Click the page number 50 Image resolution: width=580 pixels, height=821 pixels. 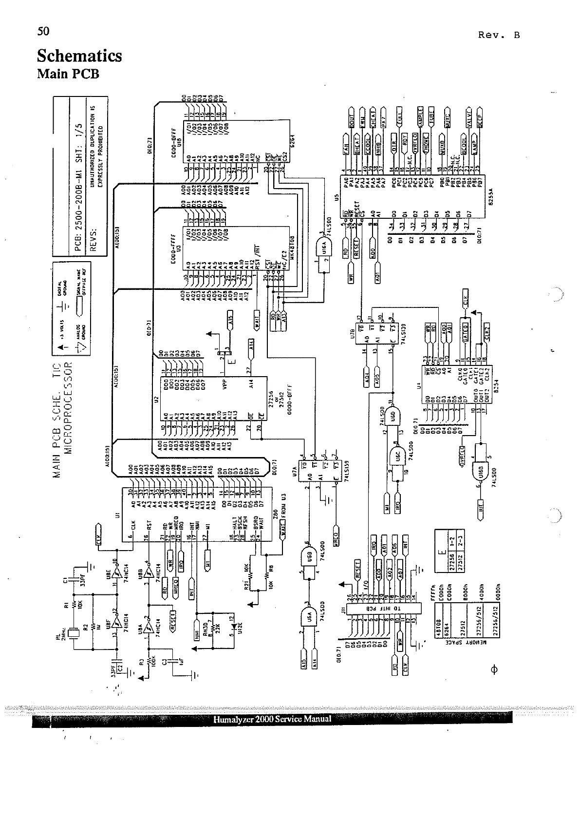tap(43, 31)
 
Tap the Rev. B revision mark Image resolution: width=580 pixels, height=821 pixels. tap(499, 35)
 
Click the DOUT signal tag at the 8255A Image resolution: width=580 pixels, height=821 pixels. tap(352, 120)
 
